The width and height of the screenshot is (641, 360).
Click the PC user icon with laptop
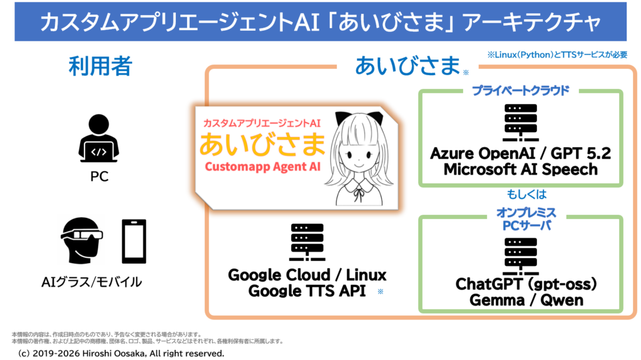click(x=98, y=140)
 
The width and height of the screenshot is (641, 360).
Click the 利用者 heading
click(x=100, y=66)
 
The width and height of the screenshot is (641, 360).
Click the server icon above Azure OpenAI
click(x=520, y=123)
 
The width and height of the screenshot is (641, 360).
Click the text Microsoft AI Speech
click(x=520, y=169)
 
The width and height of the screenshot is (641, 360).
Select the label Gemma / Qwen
click(x=525, y=300)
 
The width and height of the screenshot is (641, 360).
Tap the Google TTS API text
click(x=307, y=291)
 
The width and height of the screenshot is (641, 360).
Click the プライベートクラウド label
click(x=520, y=91)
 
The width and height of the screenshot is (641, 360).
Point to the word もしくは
click(x=520, y=195)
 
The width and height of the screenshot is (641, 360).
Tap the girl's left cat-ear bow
click(x=342, y=118)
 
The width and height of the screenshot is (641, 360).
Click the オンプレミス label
click(x=520, y=213)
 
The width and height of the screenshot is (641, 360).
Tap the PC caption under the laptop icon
click(x=99, y=177)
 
